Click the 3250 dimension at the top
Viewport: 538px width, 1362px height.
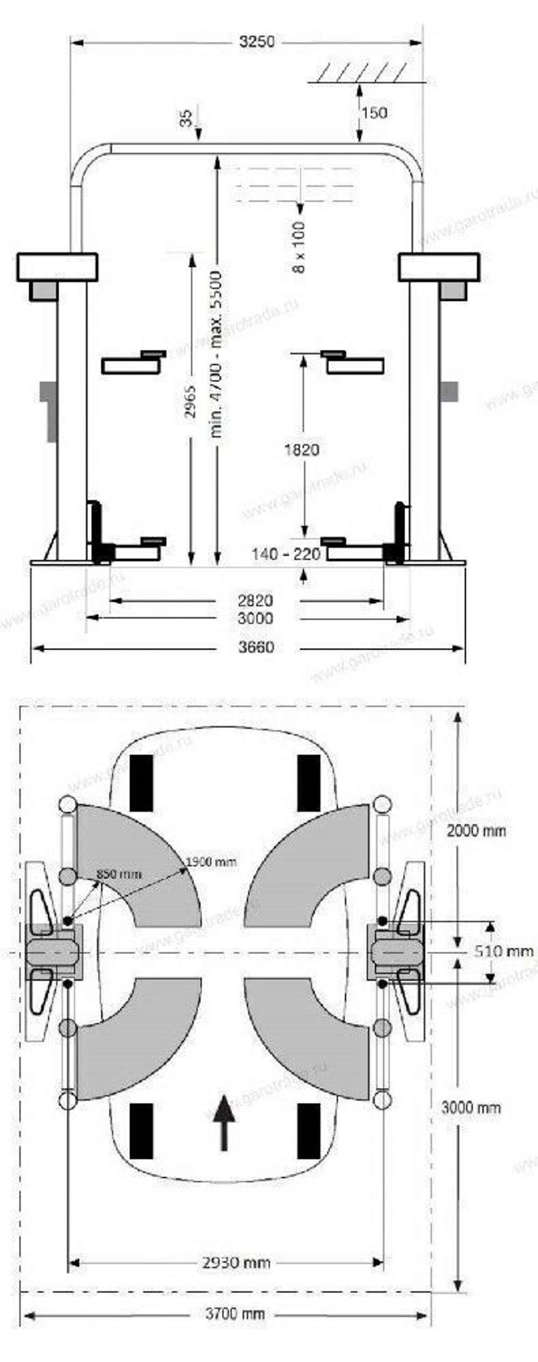pos(257,42)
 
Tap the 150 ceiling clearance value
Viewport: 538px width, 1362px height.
pos(374,112)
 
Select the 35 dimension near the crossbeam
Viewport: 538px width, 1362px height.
pos(186,118)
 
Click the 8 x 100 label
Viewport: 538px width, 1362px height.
pos(299,247)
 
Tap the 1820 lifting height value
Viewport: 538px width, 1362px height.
pos(302,449)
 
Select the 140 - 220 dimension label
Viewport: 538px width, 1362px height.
pos(286,554)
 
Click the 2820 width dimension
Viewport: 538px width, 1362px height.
pos(256,600)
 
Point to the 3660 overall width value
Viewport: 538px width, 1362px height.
pos(256,647)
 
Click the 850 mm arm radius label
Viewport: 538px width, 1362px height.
pos(119,874)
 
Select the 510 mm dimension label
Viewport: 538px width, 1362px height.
pos(504,951)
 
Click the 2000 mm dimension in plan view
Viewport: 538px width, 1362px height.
pos(476,831)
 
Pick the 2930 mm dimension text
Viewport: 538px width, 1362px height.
pos(236,1262)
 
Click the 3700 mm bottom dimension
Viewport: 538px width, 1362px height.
pos(235,1314)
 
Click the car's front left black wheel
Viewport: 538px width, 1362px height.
pos(141,783)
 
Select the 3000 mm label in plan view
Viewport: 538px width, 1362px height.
pos(471,1108)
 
